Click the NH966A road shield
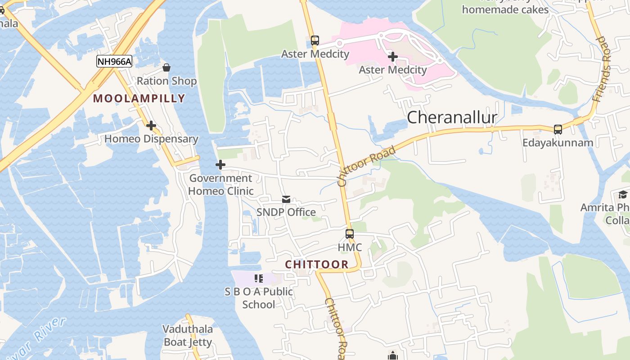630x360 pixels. point(114,62)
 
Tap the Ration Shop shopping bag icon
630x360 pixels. point(166,67)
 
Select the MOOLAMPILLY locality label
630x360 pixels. point(139,99)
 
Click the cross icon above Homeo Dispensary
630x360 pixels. point(151,126)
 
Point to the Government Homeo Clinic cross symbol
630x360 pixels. point(220,165)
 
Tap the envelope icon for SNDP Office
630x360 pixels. point(286,199)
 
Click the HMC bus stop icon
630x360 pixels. point(350,234)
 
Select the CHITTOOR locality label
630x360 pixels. point(317,264)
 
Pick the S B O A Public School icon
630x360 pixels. point(259,279)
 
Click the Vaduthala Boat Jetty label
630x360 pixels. point(188,336)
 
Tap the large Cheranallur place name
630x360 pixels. point(452,117)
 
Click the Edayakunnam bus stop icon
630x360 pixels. point(558,130)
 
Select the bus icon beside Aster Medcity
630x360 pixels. point(315,40)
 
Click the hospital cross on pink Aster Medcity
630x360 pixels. point(393,57)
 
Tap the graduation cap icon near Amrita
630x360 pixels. point(623,194)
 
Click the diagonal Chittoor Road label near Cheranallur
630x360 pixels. point(366,166)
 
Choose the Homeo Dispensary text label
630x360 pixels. point(151,139)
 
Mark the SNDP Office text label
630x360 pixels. point(286,212)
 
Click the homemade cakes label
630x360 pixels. point(505,9)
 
